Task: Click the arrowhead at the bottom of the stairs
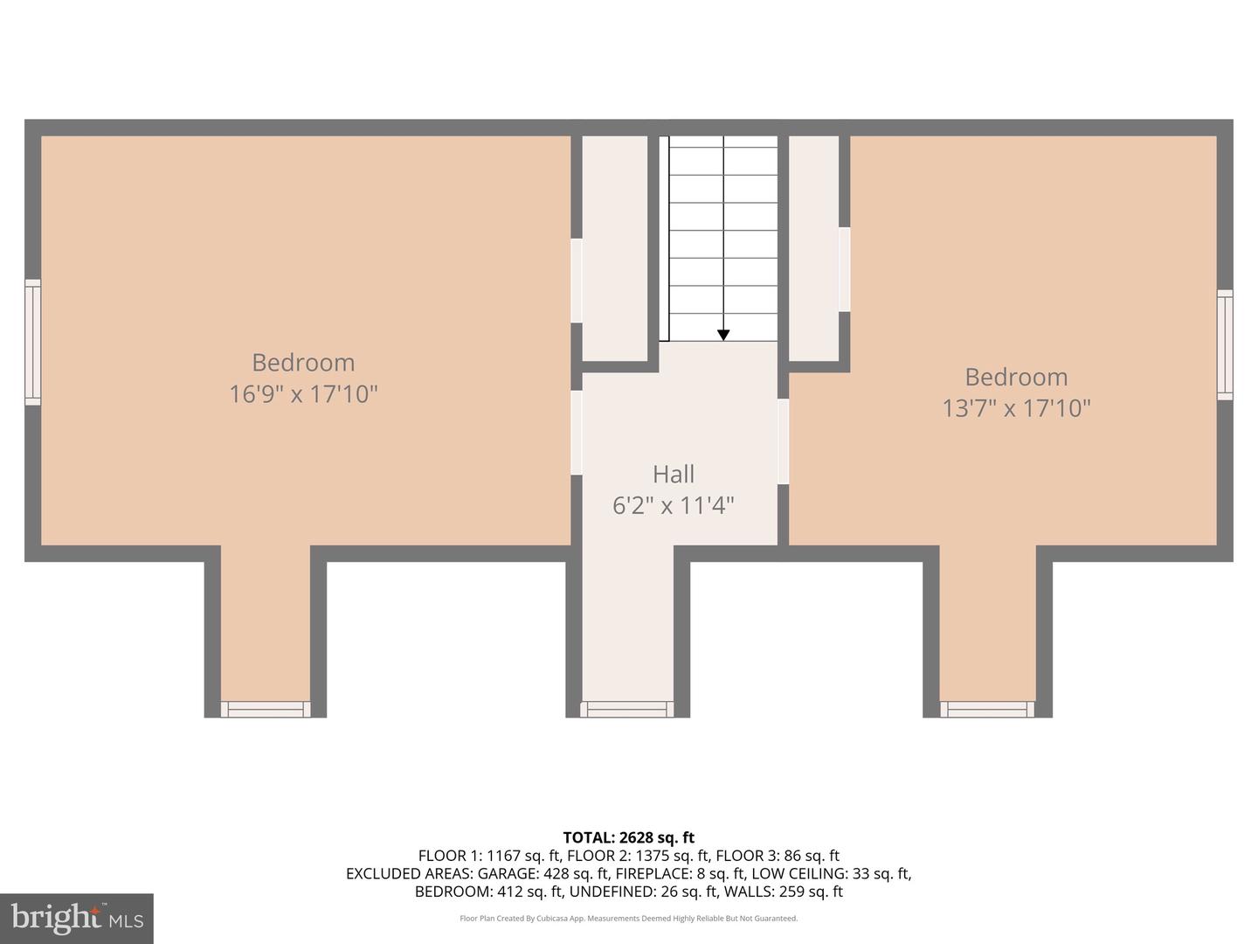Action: pos(723,336)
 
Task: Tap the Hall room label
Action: pos(674,474)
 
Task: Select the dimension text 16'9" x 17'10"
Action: pos(303,394)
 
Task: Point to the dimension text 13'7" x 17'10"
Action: pos(1016,409)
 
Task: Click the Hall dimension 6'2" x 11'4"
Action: pos(674,505)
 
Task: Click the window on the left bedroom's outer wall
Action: pos(32,342)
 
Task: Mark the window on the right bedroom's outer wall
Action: pos(1225,344)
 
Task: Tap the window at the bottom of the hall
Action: pos(627,709)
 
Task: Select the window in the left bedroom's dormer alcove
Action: pos(266,709)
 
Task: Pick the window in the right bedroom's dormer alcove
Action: pos(987,709)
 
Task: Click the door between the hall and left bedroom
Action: pos(577,433)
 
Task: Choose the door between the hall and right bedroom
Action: pos(784,441)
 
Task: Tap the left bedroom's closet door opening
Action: pos(577,281)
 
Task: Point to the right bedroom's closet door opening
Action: pos(844,269)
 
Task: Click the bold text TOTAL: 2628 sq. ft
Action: pos(629,837)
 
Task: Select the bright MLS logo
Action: pos(77,918)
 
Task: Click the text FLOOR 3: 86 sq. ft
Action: pos(778,856)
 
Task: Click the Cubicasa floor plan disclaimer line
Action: pos(629,918)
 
